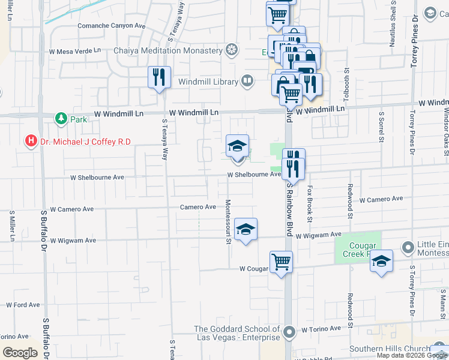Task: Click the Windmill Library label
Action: (x=208, y=80)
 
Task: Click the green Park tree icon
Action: (x=61, y=119)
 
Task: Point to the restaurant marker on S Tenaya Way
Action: (x=159, y=77)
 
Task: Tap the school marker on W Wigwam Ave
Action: (x=246, y=230)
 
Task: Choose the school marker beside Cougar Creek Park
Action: (x=381, y=262)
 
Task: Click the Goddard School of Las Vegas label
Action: (x=237, y=334)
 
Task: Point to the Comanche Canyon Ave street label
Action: (x=112, y=27)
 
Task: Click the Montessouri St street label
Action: (x=228, y=222)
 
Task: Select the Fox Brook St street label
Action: (x=310, y=203)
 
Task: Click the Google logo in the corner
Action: (x=20, y=353)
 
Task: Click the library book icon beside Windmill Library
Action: (x=247, y=80)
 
